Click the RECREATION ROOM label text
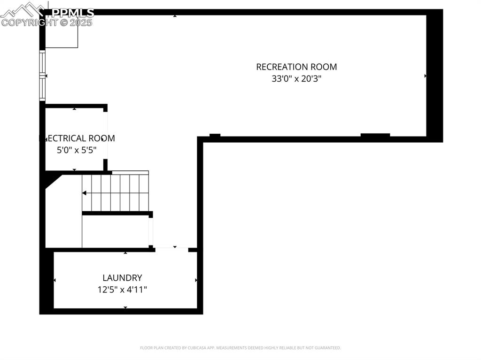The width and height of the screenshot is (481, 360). pos(296,67)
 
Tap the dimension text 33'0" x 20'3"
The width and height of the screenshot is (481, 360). pos(296,79)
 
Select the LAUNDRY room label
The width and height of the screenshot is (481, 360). pos(122,278)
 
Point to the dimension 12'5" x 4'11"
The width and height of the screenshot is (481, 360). pos(122,290)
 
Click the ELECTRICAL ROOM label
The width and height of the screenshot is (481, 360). pos(77,138)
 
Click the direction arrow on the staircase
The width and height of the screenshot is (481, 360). pos(85,193)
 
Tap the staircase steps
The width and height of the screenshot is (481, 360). pos(117,192)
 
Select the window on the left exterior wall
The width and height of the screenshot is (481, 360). pos(42,76)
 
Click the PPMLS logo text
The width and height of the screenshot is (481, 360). pos(72,13)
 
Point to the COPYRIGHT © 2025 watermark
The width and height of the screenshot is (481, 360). pos(47,23)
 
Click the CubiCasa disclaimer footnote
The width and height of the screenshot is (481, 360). pos(240,348)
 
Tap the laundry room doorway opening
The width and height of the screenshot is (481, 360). pos(171,249)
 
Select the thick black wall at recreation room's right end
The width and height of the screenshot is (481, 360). pos(434,75)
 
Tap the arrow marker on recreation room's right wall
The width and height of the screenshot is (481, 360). pos(426,76)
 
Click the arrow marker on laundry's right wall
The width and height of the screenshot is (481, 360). pos(196,280)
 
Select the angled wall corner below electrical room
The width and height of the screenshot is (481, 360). pos(52,180)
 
